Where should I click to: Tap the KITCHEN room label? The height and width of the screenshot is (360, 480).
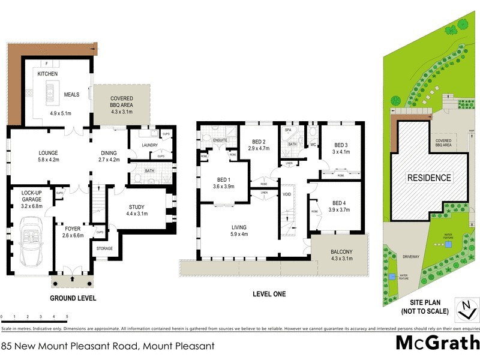(47, 73)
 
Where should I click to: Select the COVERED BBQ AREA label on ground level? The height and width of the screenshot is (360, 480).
(122, 102)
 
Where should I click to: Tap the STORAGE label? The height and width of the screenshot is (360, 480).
(104, 248)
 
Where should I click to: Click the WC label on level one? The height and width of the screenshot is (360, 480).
(312, 145)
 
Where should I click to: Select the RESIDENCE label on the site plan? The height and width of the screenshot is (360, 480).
(429, 178)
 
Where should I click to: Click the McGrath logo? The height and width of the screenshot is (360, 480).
(437, 343)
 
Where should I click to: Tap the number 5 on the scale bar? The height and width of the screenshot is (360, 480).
(67, 316)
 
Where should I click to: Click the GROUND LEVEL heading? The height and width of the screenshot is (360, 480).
(73, 298)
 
